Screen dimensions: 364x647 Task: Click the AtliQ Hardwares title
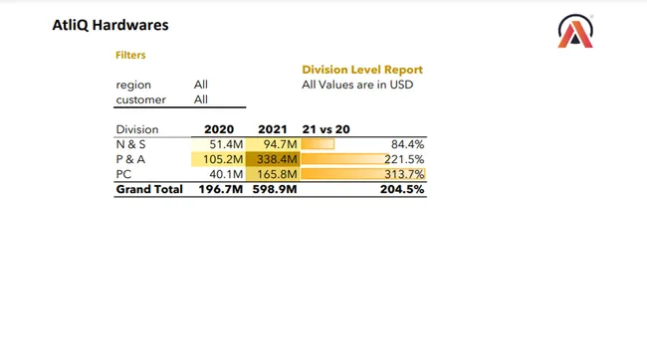click(109, 24)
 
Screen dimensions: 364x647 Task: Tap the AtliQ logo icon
click(576, 32)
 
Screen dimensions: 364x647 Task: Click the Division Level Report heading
click(362, 70)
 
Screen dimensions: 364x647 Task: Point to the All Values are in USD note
click(356, 85)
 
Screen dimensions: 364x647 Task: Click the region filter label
click(133, 86)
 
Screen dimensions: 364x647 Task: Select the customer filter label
click(140, 99)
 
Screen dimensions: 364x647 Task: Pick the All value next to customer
click(201, 99)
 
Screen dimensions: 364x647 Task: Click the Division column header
click(137, 129)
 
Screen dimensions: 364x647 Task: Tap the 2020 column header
click(219, 129)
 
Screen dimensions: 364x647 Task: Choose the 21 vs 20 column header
click(325, 129)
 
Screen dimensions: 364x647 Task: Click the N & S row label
click(131, 144)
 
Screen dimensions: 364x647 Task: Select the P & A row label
click(131, 159)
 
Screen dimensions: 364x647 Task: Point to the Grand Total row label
click(149, 189)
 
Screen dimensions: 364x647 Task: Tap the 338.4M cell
click(278, 159)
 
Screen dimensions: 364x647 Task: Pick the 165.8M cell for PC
click(278, 174)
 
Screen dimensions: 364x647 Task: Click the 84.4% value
click(409, 144)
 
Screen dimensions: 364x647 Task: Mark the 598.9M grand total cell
click(276, 189)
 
